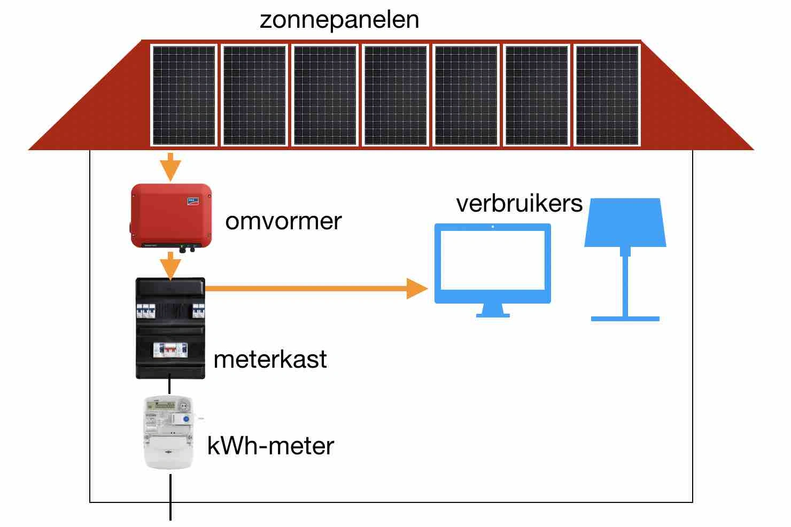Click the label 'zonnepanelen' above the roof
point(339,20)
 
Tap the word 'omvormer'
point(283,221)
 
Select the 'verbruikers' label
point(519,204)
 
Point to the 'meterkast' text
point(270,359)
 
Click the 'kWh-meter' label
point(270,446)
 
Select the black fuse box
point(170,328)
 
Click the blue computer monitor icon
point(492,265)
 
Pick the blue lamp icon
point(625,257)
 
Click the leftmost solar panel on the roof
point(184,95)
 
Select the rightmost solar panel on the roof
point(607,95)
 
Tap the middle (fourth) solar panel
point(395,95)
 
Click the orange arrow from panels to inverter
point(170,166)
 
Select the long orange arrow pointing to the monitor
point(315,289)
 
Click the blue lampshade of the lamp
point(625,223)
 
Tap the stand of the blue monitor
point(492,310)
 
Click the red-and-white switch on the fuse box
point(170,350)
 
